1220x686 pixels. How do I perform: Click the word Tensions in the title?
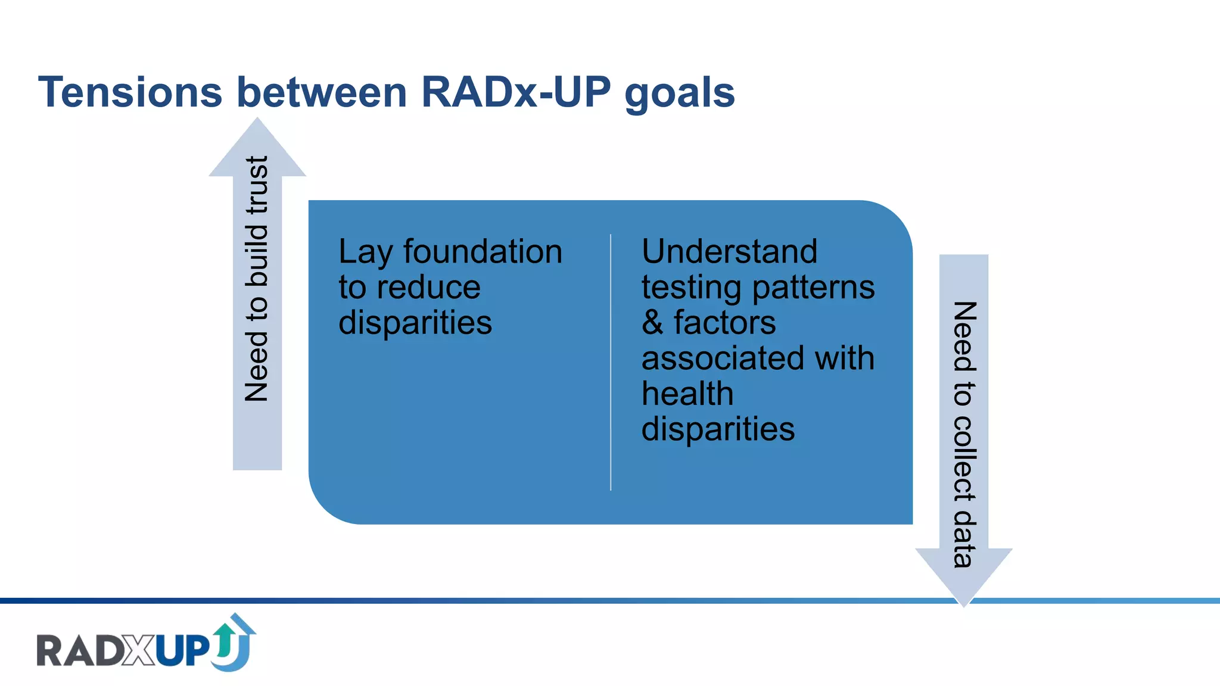130,92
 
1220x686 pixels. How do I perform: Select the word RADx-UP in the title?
516,92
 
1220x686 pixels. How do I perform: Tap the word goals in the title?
680,94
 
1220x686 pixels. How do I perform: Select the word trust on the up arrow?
257,185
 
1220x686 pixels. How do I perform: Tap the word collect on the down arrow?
964,459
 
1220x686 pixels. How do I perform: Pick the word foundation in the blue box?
483,251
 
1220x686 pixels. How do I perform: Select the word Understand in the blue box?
729,251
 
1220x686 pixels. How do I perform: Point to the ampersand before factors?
652,323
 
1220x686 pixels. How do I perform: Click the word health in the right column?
687,394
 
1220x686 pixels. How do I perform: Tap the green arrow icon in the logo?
225,639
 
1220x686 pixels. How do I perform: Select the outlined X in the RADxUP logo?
140,651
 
